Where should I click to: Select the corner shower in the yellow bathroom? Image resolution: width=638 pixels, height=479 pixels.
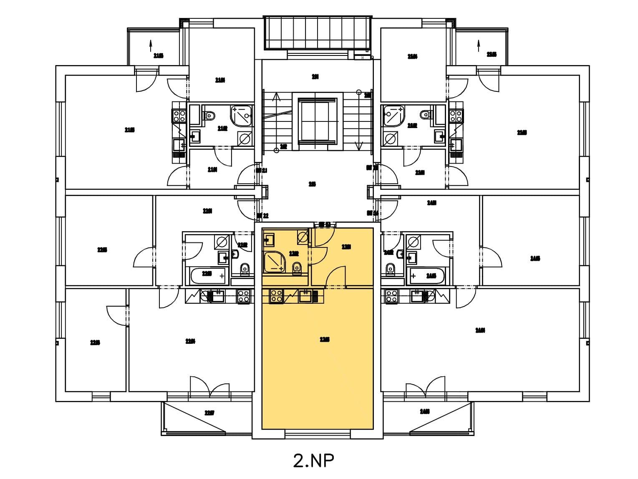(273, 262)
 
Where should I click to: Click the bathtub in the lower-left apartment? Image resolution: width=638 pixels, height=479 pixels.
(207, 275)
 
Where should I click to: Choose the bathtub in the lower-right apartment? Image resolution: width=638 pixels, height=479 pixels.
(427, 276)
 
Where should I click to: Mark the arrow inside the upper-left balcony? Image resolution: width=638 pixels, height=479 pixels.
(150, 45)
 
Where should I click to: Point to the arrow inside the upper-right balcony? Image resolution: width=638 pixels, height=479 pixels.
(479, 45)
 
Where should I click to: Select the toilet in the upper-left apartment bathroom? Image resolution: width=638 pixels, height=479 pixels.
(211, 115)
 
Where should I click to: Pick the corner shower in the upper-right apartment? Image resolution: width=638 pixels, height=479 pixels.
(394, 115)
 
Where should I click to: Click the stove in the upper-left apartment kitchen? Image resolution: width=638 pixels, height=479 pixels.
(179, 116)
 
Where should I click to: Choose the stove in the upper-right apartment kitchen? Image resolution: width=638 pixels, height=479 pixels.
(456, 116)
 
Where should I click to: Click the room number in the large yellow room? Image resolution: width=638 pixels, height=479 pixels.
(325, 340)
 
